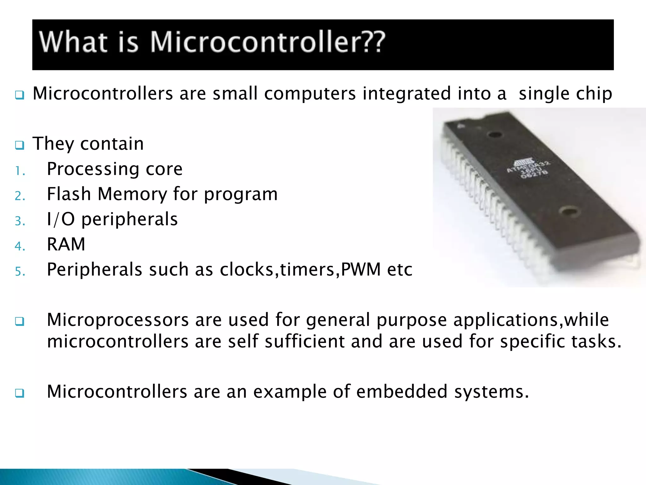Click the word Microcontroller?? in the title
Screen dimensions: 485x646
267,42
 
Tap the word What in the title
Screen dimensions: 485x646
73,42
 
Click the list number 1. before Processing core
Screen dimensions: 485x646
20,171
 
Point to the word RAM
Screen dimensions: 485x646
66,244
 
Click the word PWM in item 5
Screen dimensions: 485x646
361,269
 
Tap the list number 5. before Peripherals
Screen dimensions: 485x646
20,272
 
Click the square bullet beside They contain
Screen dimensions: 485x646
20,145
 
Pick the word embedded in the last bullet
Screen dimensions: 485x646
402,392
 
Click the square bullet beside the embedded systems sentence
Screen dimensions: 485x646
20,393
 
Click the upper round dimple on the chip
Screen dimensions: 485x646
495,135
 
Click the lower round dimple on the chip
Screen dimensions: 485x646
570,211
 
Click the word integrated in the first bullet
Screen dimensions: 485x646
407,93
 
